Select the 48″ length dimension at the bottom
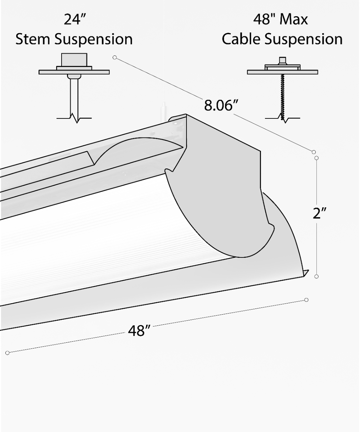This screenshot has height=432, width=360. point(139,330)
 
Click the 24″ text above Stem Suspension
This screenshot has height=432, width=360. point(74,19)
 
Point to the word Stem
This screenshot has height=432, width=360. point(33,39)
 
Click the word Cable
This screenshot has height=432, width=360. point(241,39)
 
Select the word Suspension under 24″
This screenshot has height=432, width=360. point(94,40)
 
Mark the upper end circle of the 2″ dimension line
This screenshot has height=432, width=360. point(317,158)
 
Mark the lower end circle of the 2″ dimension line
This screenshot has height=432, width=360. point(316,276)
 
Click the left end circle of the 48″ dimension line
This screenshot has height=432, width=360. point(7,353)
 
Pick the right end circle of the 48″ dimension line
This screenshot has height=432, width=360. point(306,300)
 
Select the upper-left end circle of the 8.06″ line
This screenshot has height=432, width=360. point(114,57)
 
